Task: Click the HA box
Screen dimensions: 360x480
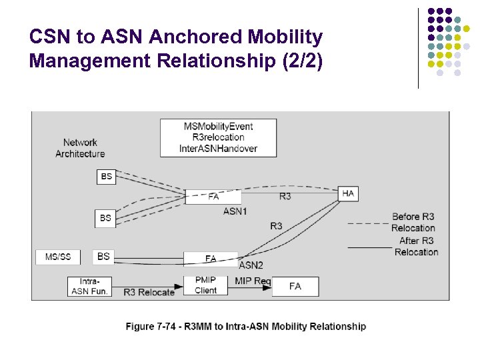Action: [348, 193]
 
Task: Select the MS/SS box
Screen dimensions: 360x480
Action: [58, 257]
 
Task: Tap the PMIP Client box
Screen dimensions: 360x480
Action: [206, 285]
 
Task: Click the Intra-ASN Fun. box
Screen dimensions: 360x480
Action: [89, 286]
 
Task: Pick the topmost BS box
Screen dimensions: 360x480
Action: [106, 177]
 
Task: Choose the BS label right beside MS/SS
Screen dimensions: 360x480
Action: [103, 256]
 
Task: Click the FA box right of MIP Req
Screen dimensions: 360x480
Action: [295, 286]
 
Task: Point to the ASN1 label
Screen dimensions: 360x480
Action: [235, 211]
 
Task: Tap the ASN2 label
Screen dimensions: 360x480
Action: [251, 265]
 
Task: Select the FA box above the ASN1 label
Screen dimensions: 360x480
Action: [213, 197]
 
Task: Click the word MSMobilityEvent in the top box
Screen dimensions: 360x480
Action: [218, 127]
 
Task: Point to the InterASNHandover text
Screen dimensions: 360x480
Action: [218, 148]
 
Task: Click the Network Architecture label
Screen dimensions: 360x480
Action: [80, 148]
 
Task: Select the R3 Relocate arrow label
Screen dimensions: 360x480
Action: [149, 292]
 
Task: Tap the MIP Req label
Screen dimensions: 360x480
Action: [252, 281]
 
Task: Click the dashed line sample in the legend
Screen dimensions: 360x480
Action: [369, 223]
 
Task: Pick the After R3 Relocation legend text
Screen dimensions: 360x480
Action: [416, 246]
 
